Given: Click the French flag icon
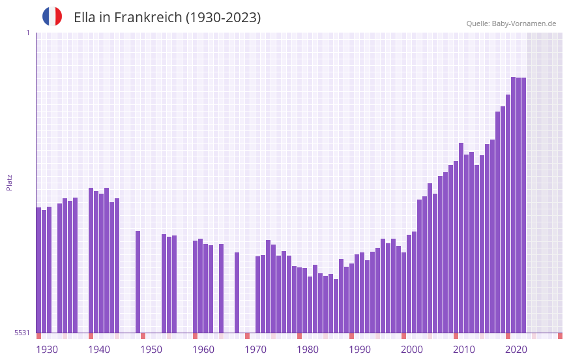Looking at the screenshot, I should tap(52, 16).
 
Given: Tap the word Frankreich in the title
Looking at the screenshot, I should tap(148, 18).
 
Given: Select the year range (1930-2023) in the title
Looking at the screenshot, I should tap(224, 18).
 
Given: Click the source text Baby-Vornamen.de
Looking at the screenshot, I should tap(524, 23).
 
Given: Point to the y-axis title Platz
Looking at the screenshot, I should tap(9, 182).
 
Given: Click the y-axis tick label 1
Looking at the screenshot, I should tap(27, 33).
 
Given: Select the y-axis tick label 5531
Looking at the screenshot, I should tap(22, 333).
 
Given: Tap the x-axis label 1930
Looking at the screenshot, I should tap(47, 350).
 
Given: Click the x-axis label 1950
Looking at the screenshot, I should tap(151, 350).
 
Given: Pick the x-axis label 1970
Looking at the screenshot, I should tap(255, 350).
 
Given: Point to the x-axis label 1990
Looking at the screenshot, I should tap(360, 350).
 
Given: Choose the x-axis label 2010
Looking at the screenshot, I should tap(464, 350).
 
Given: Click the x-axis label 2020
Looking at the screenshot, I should tap(516, 350).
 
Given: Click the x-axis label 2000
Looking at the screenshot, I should tap(412, 350).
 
